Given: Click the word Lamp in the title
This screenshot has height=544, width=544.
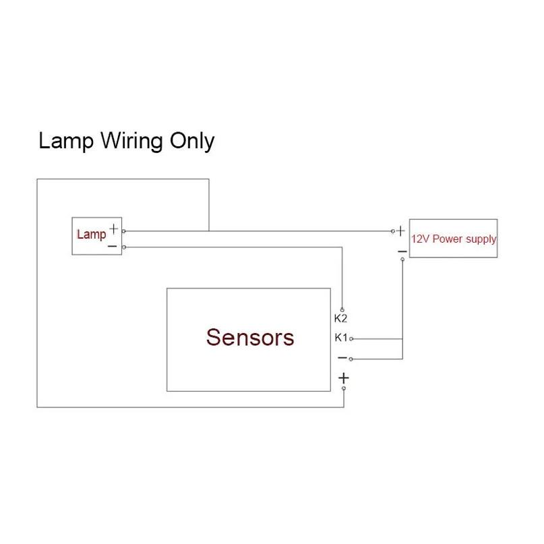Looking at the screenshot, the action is [x=66, y=141].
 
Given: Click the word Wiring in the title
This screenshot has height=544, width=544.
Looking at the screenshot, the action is [x=131, y=141].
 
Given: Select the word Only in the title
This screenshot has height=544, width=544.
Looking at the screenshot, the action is [x=192, y=141].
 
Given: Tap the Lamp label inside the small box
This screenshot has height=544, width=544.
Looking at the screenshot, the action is [x=91, y=235].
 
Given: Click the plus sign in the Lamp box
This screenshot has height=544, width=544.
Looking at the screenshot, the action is [x=113, y=229].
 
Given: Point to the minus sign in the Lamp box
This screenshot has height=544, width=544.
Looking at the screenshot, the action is [x=113, y=246].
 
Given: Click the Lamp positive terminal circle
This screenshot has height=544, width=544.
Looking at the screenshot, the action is [x=124, y=231].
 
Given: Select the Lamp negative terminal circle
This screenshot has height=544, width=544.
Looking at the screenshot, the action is [x=124, y=247].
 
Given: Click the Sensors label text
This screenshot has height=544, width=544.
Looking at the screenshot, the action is [x=250, y=337].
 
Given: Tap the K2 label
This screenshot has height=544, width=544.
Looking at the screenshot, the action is [x=340, y=318].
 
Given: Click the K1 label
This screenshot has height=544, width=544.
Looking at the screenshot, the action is [x=340, y=337].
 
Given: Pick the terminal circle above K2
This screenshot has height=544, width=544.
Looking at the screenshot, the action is [x=342, y=310].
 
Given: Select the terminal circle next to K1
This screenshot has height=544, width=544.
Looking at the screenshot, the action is [x=351, y=338].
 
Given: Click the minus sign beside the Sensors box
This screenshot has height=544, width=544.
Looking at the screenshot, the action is [x=342, y=358].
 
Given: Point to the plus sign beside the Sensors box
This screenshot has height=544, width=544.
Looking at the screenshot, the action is [x=344, y=377].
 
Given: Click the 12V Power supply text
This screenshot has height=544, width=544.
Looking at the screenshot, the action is [x=454, y=239].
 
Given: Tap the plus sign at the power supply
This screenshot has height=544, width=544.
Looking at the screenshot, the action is [x=400, y=231].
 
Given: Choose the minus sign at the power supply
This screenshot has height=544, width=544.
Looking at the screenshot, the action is [x=402, y=251].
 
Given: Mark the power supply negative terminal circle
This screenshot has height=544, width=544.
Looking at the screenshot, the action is [x=402, y=259].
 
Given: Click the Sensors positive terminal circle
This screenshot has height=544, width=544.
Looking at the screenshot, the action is [x=344, y=388].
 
